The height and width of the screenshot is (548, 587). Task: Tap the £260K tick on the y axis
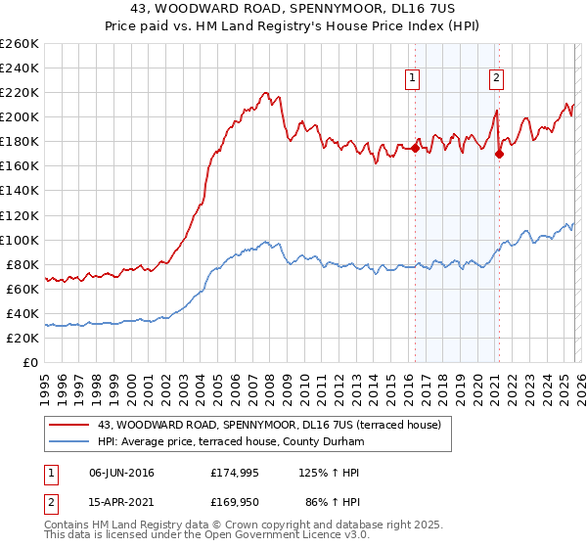[x=20, y=44]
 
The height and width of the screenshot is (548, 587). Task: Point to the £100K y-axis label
[x=20, y=240]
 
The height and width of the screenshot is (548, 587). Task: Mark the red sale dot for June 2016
[x=415, y=148]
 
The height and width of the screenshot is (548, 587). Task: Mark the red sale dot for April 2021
[x=499, y=154]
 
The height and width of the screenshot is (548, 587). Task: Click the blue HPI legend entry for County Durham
[x=230, y=442]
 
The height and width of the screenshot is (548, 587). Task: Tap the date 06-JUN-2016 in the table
[x=122, y=474]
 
